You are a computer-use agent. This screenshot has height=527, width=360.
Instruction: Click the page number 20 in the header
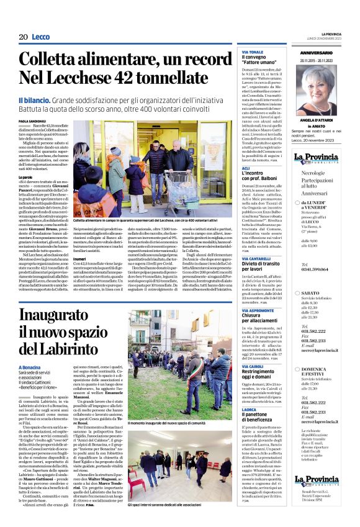(x=23, y=37)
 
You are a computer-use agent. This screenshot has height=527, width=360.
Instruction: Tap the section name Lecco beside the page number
(x=40, y=37)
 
